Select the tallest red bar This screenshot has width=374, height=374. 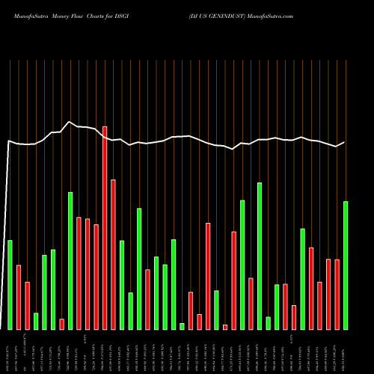(x=105, y=227)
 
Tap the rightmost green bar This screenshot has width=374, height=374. (x=346, y=265)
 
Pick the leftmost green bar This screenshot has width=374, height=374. (x=10, y=284)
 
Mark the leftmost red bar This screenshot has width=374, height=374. (x=19, y=297)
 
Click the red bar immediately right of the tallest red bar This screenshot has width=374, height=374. (x=114, y=254)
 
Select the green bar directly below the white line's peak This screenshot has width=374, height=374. (x=70, y=260)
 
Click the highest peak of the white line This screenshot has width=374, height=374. (x=70, y=122)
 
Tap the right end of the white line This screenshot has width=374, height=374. (x=345, y=142)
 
